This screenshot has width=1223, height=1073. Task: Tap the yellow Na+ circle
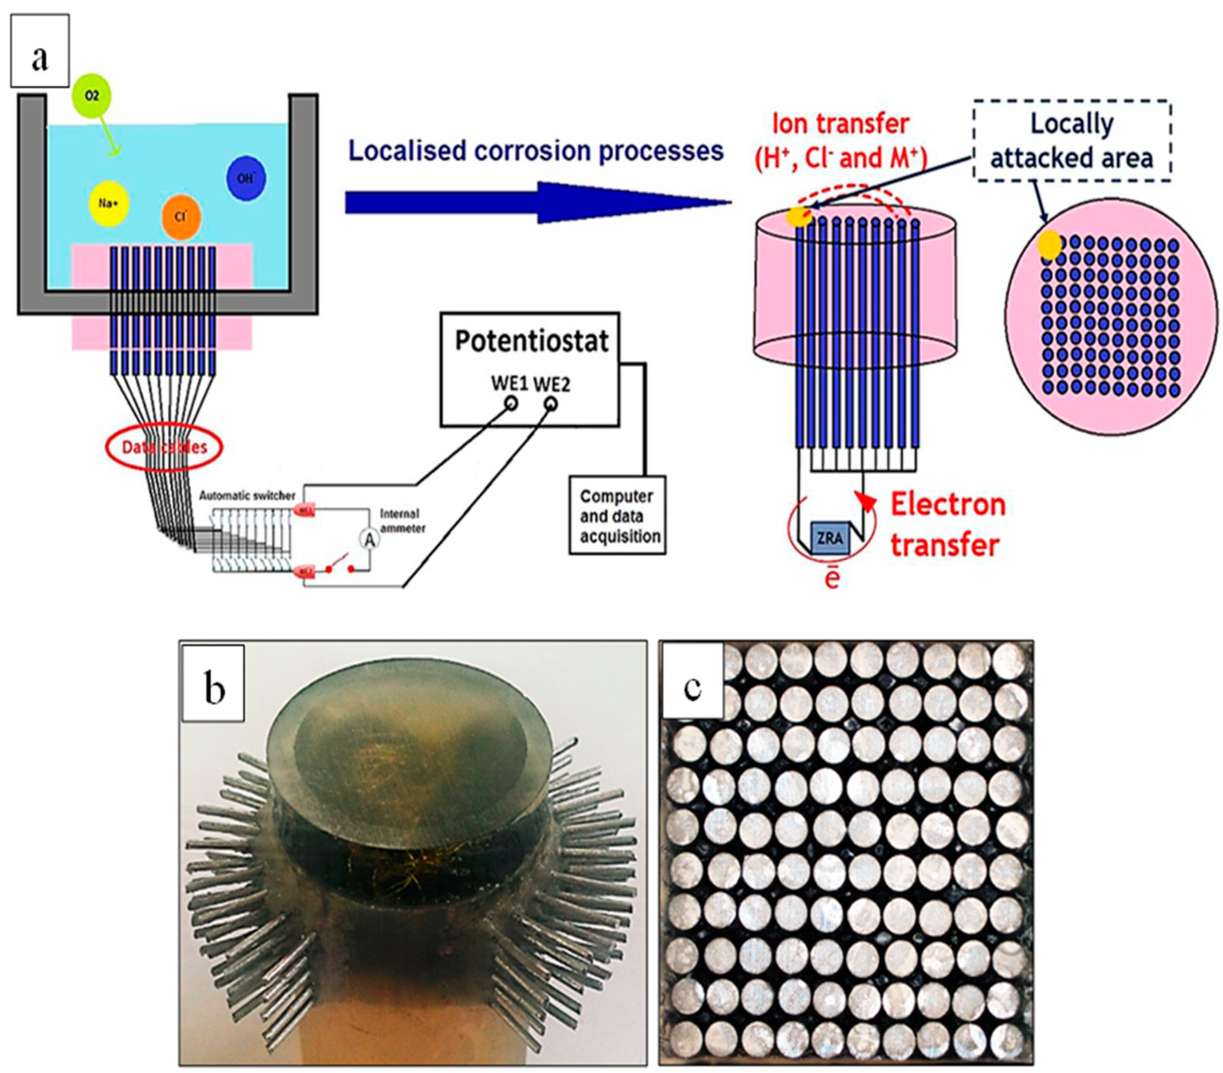click(x=108, y=204)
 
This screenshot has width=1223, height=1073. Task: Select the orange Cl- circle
click(x=181, y=217)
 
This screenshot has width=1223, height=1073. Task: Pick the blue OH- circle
click(x=246, y=178)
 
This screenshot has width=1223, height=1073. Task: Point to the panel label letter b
click(x=214, y=687)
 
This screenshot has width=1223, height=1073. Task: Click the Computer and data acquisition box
click(x=617, y=516)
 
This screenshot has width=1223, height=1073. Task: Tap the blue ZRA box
click(x=829, y=537)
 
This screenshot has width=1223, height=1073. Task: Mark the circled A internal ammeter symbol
click(x=370, y=540)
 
